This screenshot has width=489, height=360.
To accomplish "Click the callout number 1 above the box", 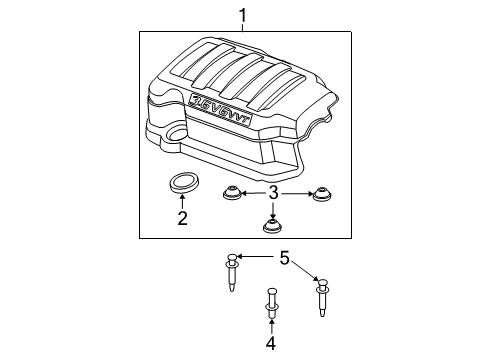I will (x=241, y=14).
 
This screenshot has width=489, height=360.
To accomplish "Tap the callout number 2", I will (x=182, y=217).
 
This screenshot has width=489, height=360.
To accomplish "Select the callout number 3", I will (x=273, y=193).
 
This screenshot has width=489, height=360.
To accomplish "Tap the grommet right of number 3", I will (x=320, y=194).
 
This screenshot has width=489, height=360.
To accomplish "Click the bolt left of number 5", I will (x=232, y=268).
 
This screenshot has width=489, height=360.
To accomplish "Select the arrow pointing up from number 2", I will (x=182, y=202).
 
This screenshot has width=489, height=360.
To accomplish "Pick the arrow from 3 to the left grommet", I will (x=251, y=193).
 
